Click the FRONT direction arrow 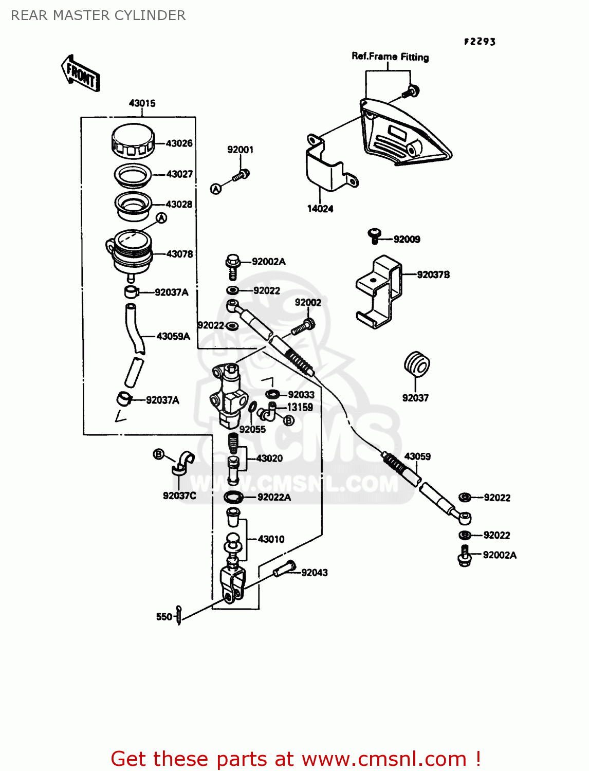pos(81,74)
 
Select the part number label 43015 pos(142,103)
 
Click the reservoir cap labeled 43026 pos(133,141)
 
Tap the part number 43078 pos(179,254)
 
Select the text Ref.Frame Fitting pos(390,57)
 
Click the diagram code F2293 pos(480,42)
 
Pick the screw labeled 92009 pos(375,236)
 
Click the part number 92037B pos(433,275)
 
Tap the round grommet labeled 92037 pos(416,364)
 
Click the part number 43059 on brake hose pos(417,456)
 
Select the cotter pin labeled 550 pos(178,615)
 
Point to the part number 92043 pos(314,573)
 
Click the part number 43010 pos(271,539)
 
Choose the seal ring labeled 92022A pos(233,497)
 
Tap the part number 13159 pos(300,407)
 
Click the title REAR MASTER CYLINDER pos(98,15)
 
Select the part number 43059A pos(173,336)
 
